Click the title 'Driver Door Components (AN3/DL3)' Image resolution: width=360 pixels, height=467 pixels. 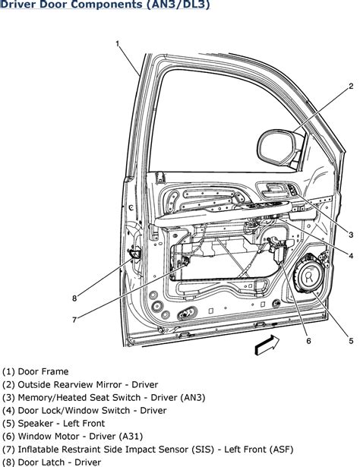pos(104,7)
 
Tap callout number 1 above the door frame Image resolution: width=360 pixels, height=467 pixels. pos(118,44)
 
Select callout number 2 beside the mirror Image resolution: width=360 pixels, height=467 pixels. pos(351,87)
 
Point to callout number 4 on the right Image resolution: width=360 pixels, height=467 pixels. pos(351,256)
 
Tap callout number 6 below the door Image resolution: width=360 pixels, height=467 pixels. pos(308,341)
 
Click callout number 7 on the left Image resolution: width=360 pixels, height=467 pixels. pos(74,320)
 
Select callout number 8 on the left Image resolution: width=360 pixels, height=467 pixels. pos(74,298)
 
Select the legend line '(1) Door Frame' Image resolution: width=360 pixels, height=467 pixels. pos(36,372)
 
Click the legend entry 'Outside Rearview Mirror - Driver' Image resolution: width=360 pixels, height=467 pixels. pos(81,385)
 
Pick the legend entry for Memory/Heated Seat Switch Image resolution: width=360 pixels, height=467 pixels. pos(95,398)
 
